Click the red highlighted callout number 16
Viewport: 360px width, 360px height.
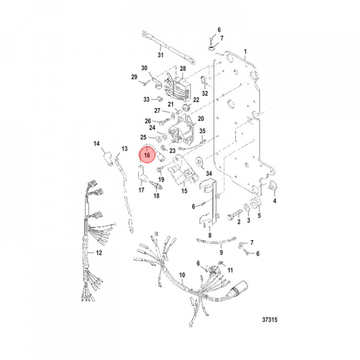click(147, 155)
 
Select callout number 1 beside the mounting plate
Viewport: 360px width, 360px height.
click(245, 52)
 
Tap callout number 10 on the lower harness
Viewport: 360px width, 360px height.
click(182, 275)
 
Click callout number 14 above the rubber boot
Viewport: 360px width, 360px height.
click(97, 144)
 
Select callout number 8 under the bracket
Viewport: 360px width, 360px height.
click(210, 234)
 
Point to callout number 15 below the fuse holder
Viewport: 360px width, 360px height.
click(184, 191)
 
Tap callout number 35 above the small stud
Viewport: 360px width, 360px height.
click(202, 131)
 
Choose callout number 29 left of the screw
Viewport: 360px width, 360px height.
click(134, 76)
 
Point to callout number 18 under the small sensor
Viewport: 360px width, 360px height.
click(156, 196)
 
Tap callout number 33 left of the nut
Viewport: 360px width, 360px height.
click(146, 99)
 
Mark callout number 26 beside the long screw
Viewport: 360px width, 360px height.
click(148, 121)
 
